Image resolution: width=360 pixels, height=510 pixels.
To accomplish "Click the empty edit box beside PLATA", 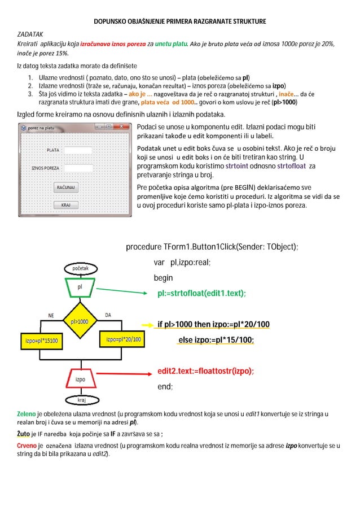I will pos(78,150).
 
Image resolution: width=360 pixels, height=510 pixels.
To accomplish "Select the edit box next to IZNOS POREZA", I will pos(78,168).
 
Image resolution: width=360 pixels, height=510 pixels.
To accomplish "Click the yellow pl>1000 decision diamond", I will pos(80,321).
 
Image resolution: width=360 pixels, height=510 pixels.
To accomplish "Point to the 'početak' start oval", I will pos(79,268).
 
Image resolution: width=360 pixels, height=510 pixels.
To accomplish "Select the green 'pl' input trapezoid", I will pos(80,287).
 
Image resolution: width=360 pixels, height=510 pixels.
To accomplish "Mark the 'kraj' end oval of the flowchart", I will pos(82,400).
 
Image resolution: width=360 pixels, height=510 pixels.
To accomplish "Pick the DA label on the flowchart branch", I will pos(108,315).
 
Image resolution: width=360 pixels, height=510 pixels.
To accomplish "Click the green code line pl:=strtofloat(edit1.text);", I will pos(201,294).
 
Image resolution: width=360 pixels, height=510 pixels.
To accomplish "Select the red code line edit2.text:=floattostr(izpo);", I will pos(205,371).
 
